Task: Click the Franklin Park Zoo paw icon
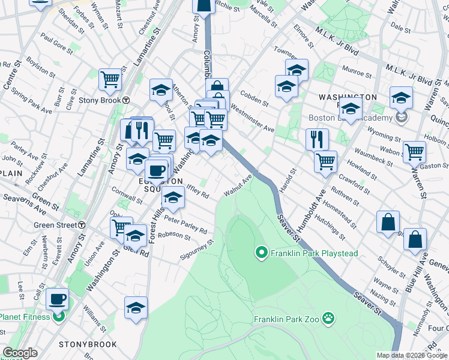click(328, 317)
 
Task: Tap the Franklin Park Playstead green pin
click(261, 253)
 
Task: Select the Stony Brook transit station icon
click(127, 100)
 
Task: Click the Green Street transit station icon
click(81, 225)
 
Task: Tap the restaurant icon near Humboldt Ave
click(317, 140)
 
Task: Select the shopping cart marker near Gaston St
click(415, 152)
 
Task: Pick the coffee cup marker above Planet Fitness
click(58, 299)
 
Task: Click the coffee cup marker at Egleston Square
click(156, 170)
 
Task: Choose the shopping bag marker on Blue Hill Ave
click(415, 239)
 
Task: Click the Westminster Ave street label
click(252, 119)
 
